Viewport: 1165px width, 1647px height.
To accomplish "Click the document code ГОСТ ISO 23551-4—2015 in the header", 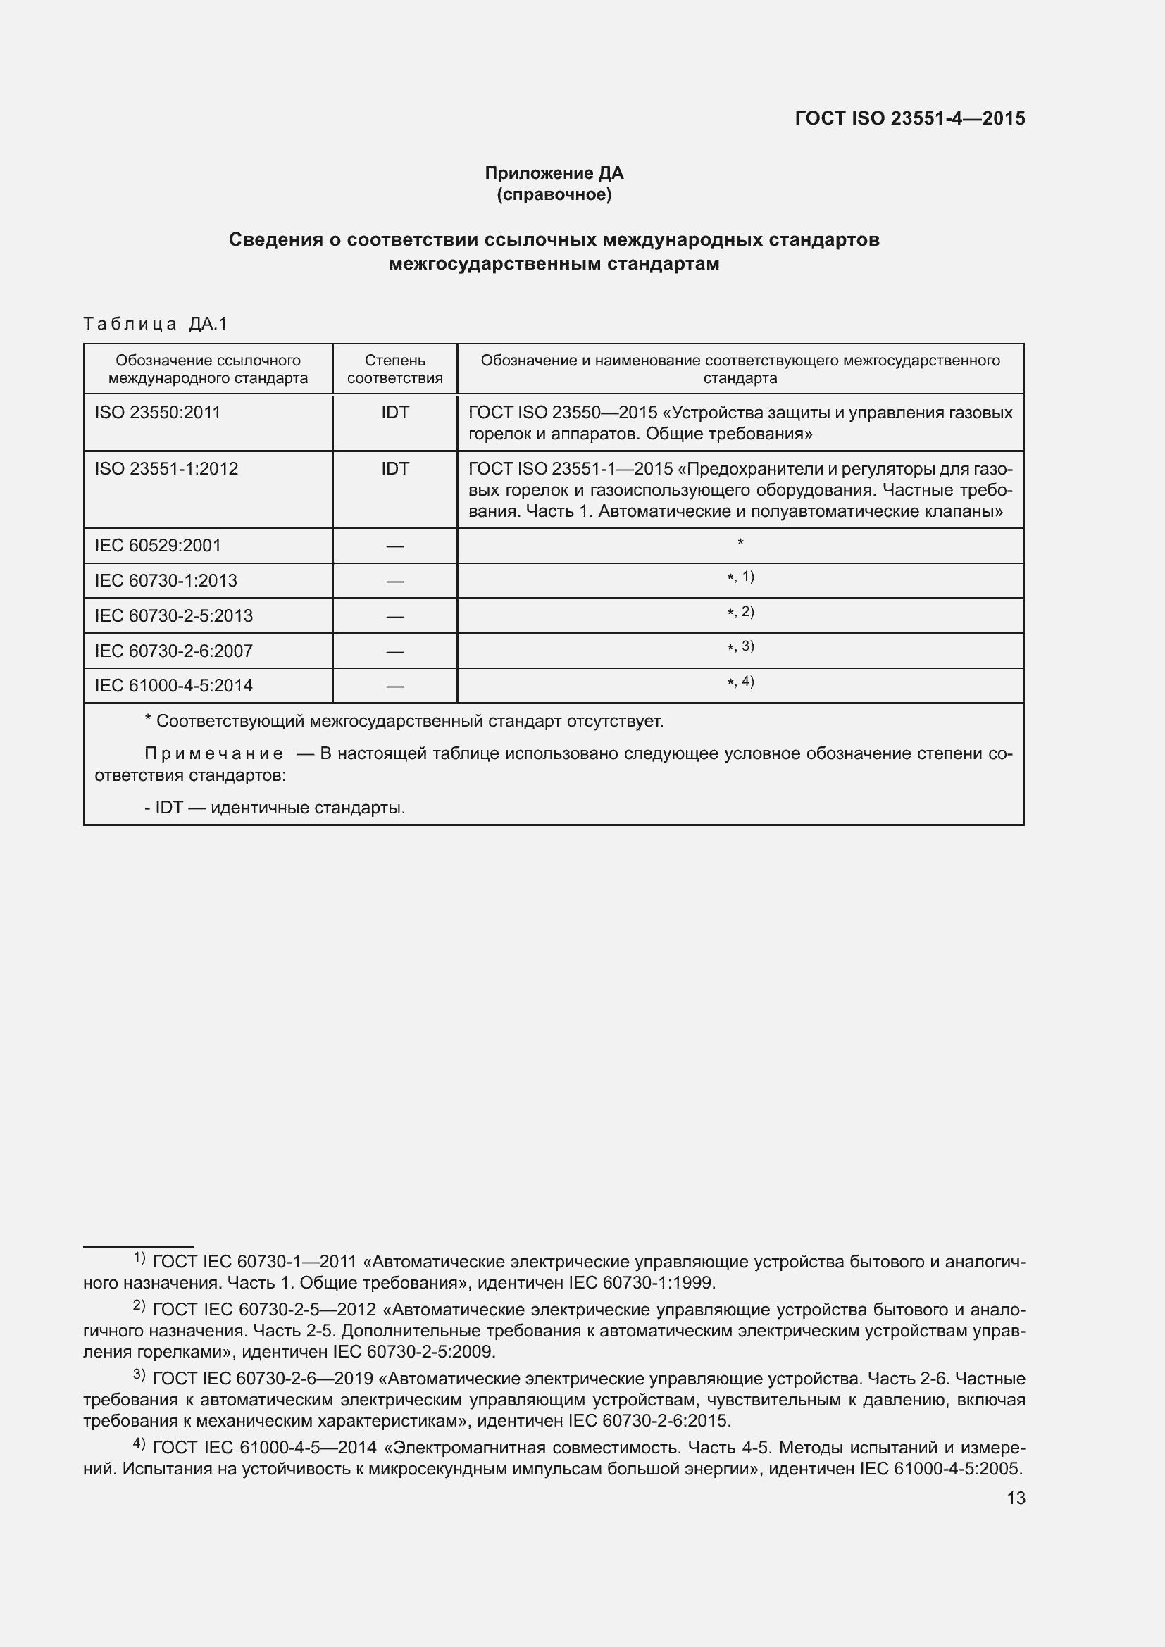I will click(x=909, y=118).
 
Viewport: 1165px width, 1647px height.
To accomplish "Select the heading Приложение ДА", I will click(x=554, y=173).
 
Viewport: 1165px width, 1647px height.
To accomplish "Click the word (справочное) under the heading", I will click(x=554, y=194).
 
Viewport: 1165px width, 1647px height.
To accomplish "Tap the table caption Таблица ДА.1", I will click(x=155, y=323).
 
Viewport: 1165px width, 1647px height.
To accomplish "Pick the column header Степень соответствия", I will click(x=394, y=369).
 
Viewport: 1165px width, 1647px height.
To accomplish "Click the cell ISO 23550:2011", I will click(x=158, y=413).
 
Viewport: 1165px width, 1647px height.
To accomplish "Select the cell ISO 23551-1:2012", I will click(x=166, y=468).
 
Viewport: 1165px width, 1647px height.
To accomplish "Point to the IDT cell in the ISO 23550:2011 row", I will click(x=394, y=413).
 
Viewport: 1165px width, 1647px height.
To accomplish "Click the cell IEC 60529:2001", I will click(x=158, y=545).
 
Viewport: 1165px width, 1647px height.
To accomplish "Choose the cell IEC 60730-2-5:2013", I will click(x=173, y=615).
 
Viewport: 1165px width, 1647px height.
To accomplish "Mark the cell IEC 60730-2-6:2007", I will click(x=173, y=651).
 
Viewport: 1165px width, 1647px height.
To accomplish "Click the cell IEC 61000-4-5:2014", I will click(x=173, y=686).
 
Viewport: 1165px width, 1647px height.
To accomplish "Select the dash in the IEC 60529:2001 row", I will click(x=394, y=546).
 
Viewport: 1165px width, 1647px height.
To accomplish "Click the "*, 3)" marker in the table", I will click(x=740, y=647).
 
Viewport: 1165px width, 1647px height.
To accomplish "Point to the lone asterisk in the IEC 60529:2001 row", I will click(x=740, y=543).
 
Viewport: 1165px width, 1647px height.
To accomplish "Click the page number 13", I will click(x=1016, y=1498).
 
